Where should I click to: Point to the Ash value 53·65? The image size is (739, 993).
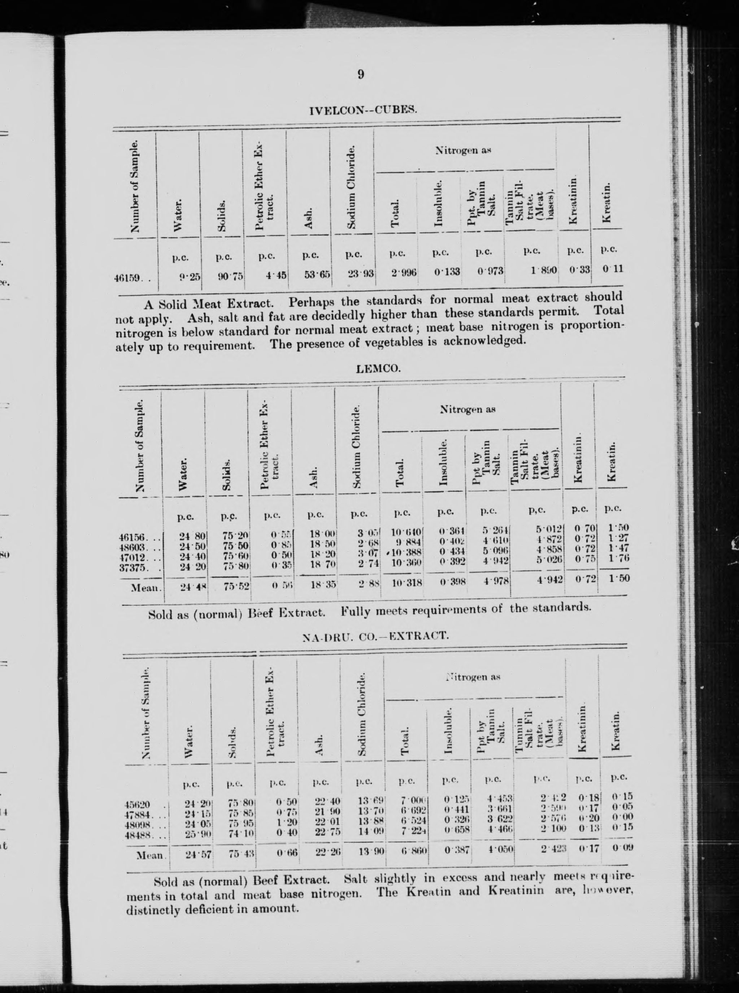tap(317, 274)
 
